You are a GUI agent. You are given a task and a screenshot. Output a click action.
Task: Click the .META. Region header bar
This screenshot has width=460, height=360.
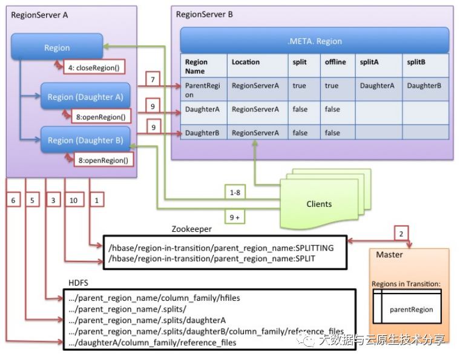314,41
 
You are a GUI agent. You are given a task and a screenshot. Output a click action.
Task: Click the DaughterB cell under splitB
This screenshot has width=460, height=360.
424,86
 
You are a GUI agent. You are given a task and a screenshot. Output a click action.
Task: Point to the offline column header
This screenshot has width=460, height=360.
335,62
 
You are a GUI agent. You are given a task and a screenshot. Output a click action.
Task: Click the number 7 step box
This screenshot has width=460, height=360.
153,80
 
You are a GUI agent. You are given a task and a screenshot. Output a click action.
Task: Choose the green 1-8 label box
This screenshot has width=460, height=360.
235,192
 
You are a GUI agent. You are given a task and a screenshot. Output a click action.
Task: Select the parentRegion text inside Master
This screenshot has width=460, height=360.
411,309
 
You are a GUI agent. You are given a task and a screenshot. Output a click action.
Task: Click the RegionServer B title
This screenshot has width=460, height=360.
204,14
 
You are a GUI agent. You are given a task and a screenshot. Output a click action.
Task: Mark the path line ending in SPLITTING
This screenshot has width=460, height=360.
221,248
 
